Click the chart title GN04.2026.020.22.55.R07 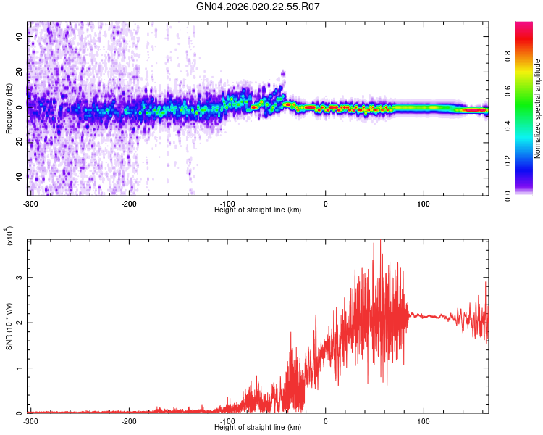point(258,7)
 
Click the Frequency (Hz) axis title point(9,109)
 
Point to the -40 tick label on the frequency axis point(20,177)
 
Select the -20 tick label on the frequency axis point(20,142)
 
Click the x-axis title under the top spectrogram point(258,210)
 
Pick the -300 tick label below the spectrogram point(30,203)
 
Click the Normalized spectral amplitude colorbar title point(538,109)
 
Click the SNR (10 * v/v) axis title point(9,326)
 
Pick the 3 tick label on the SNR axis point(20,278)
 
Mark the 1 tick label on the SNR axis point(20,368)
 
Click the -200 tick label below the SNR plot point(129,420)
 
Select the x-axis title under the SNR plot point(258,427)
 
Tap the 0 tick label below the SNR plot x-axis point(325,420)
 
